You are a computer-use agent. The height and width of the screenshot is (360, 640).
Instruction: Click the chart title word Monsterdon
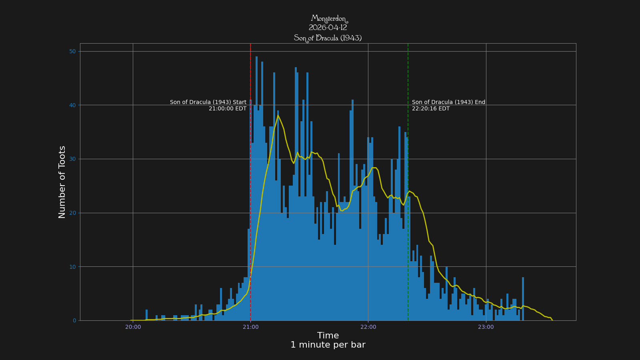point(328,19)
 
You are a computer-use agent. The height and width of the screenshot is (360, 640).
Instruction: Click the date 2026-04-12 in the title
point(328,28)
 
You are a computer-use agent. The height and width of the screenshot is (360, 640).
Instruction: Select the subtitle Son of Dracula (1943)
point(328,38)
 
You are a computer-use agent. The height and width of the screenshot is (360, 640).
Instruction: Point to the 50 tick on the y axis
point(72,51)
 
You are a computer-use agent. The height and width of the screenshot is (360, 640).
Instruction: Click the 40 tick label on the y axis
point(72,105)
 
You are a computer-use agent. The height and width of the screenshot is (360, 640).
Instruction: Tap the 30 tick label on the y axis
point(72,159)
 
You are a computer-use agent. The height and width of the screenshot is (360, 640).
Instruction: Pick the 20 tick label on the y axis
point(72,213)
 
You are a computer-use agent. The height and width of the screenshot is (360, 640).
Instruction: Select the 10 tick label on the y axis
point(72,267)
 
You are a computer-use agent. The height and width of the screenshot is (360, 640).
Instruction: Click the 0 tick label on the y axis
point(74,320)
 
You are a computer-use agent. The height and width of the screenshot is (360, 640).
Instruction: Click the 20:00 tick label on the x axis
point(133,327)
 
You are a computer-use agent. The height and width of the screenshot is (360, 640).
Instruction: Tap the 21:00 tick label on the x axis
point(250,327)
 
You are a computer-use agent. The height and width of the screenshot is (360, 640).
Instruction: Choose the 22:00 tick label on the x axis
point(368,327)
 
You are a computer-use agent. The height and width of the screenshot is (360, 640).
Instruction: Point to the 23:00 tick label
point(486,327)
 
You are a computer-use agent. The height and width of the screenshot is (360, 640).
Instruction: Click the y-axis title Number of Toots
point(62,182)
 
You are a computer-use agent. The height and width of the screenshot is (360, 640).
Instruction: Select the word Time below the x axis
point(328,336)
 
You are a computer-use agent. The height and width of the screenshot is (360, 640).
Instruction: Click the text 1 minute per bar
point(328,345)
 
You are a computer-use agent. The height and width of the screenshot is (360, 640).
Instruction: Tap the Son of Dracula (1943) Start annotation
point(208,102)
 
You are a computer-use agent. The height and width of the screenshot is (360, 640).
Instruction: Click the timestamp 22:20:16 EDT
point(431,109)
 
